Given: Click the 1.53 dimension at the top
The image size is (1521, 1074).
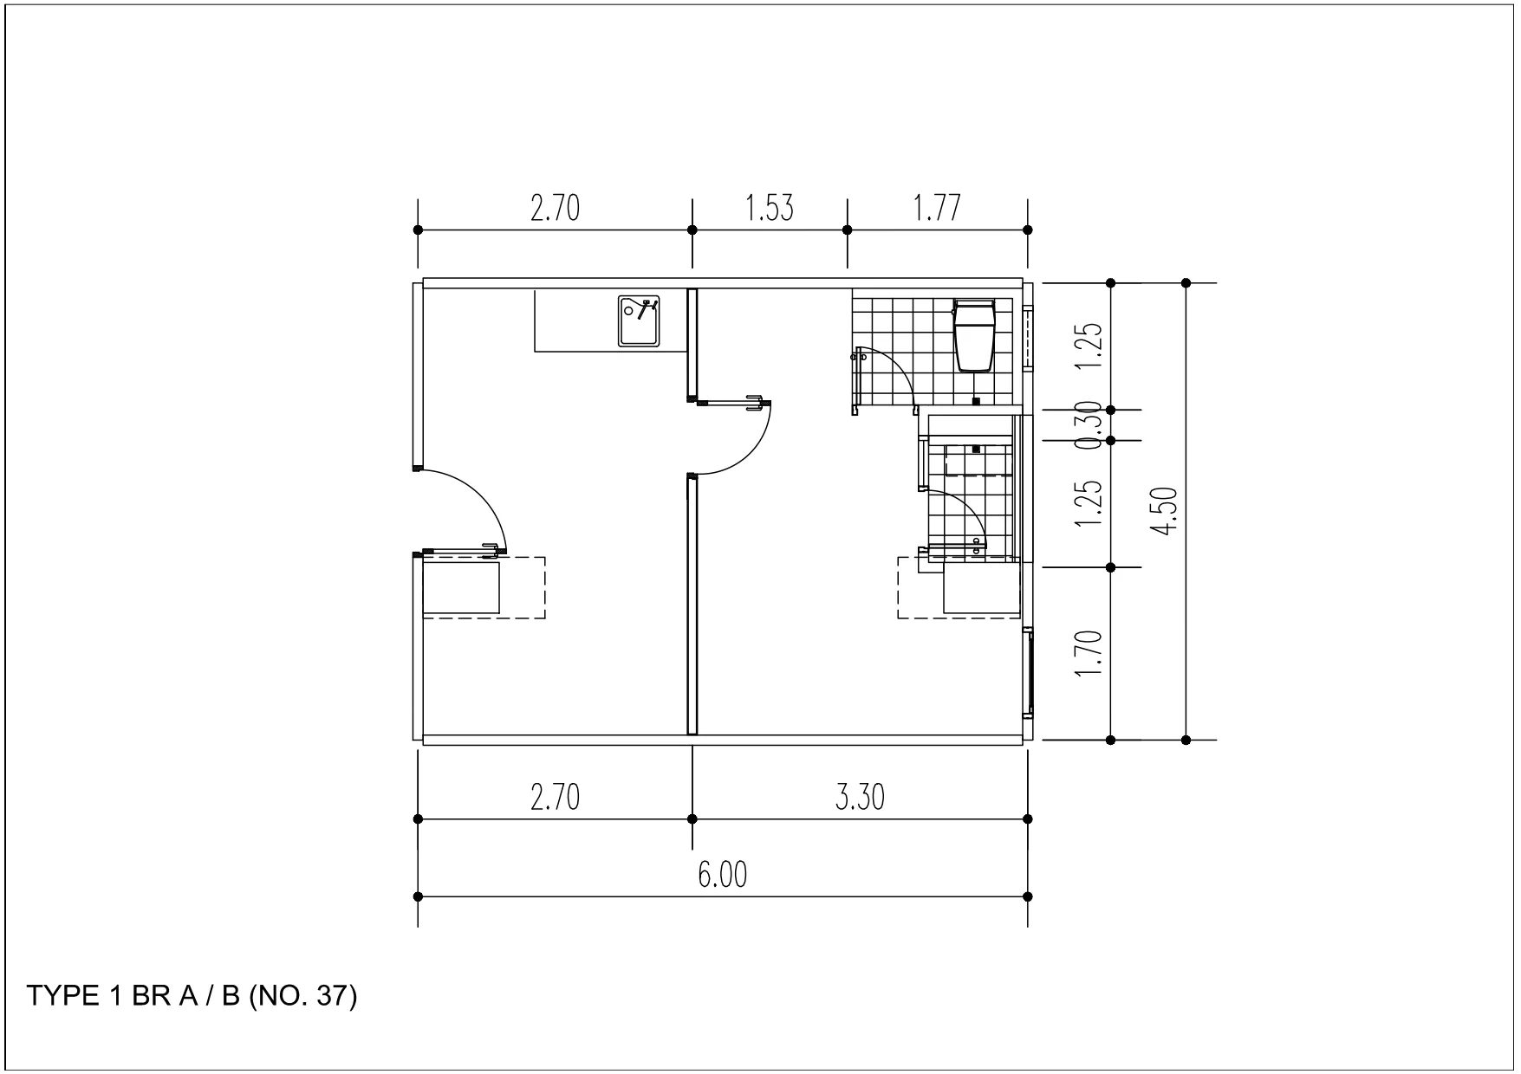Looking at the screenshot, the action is pos(769,209).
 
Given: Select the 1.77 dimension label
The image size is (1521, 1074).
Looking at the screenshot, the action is pos(937,209).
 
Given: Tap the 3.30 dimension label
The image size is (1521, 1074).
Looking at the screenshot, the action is pos(860,797).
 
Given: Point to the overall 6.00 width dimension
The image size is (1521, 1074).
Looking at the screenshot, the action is pos(722,875).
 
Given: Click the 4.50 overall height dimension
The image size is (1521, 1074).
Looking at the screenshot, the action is pos(1167,511).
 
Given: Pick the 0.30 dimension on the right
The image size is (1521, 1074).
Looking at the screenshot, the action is pos(1091,424).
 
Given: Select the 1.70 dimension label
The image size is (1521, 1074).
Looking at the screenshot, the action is pos(1091,654).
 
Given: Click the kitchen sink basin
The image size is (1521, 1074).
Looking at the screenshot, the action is pos(640,320).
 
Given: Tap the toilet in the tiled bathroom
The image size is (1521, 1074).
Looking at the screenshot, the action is pos(973,335).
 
